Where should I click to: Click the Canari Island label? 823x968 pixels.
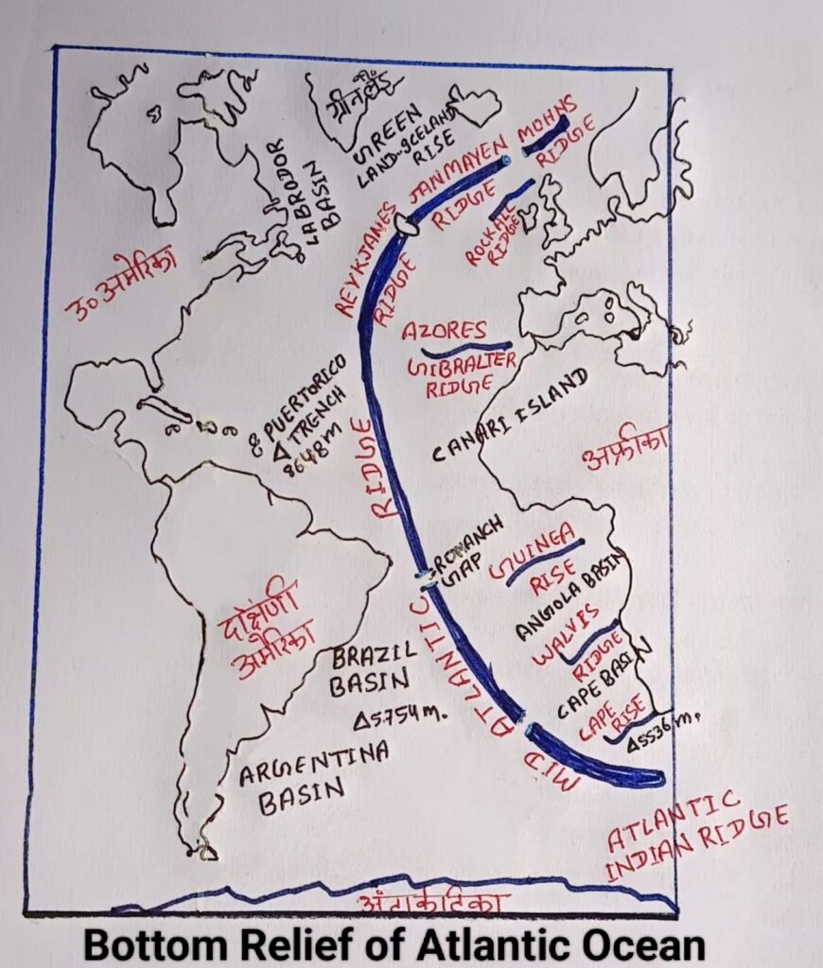click(511, 414)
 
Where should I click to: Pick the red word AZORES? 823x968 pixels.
click(445, 332)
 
